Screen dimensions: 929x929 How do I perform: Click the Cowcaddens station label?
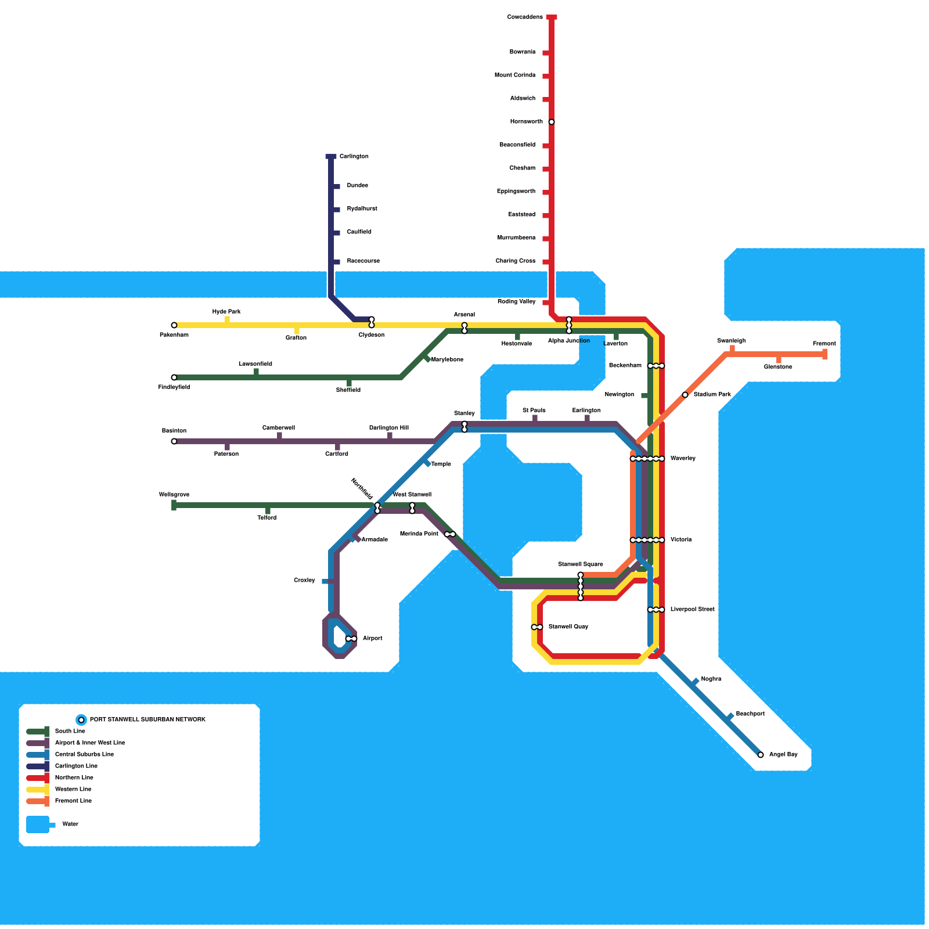[x=524, y=17]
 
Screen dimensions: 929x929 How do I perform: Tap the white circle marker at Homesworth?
[x=552, y=122]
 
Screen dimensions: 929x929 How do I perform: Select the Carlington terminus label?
[x=354, y=157]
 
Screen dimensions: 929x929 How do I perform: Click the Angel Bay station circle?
[x=761, y=755]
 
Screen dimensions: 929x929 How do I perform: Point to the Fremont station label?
[x=824, y=344]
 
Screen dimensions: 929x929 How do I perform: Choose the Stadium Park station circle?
[x=685, y=395]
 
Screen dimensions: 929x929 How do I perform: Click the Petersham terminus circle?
[x=174, y=325]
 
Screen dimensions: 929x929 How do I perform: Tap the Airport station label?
[x=372, y=639]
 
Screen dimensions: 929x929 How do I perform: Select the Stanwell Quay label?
[x=568, y=627]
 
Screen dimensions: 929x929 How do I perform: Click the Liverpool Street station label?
[x=692, y=610]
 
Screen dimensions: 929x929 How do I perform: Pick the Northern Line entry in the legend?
[x=74, y=778]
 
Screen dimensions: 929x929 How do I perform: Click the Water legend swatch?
[x=38, y=824]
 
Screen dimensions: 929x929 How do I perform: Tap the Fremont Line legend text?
[x=73, y=801]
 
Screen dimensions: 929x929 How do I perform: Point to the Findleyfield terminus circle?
[x=174, y=377]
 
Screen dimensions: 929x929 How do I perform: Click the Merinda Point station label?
[x=419, y=534]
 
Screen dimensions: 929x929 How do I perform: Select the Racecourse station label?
[x=363, y=261]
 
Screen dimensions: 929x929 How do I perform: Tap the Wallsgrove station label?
[x=174, y=495]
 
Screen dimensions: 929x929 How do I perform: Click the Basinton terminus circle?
[x=174, y=441]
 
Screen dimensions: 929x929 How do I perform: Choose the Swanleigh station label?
[x=731, y=341]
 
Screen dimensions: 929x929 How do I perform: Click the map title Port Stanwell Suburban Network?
[x=147, y=720]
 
